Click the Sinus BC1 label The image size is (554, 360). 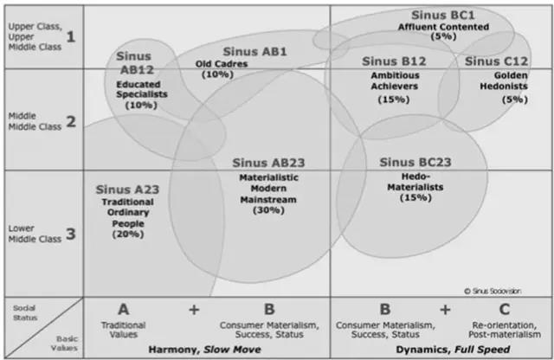click(x=444, y=15)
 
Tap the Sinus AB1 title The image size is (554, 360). click(x=254, y=51)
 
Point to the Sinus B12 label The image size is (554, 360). click(x=394, y=61)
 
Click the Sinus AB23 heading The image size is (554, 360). click(x=268, y=163)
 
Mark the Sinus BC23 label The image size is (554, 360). click(x=415, y=162)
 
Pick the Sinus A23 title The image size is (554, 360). click(x=126, y=188)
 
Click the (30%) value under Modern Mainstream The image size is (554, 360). click(x=268, y=210)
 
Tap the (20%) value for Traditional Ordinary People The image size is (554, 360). click(x=126, y=233)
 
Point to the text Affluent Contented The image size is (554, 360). click(x=444, y=26)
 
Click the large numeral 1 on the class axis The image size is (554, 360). click(x=70, y=36)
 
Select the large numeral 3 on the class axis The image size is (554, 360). click(x=70, y=234)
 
